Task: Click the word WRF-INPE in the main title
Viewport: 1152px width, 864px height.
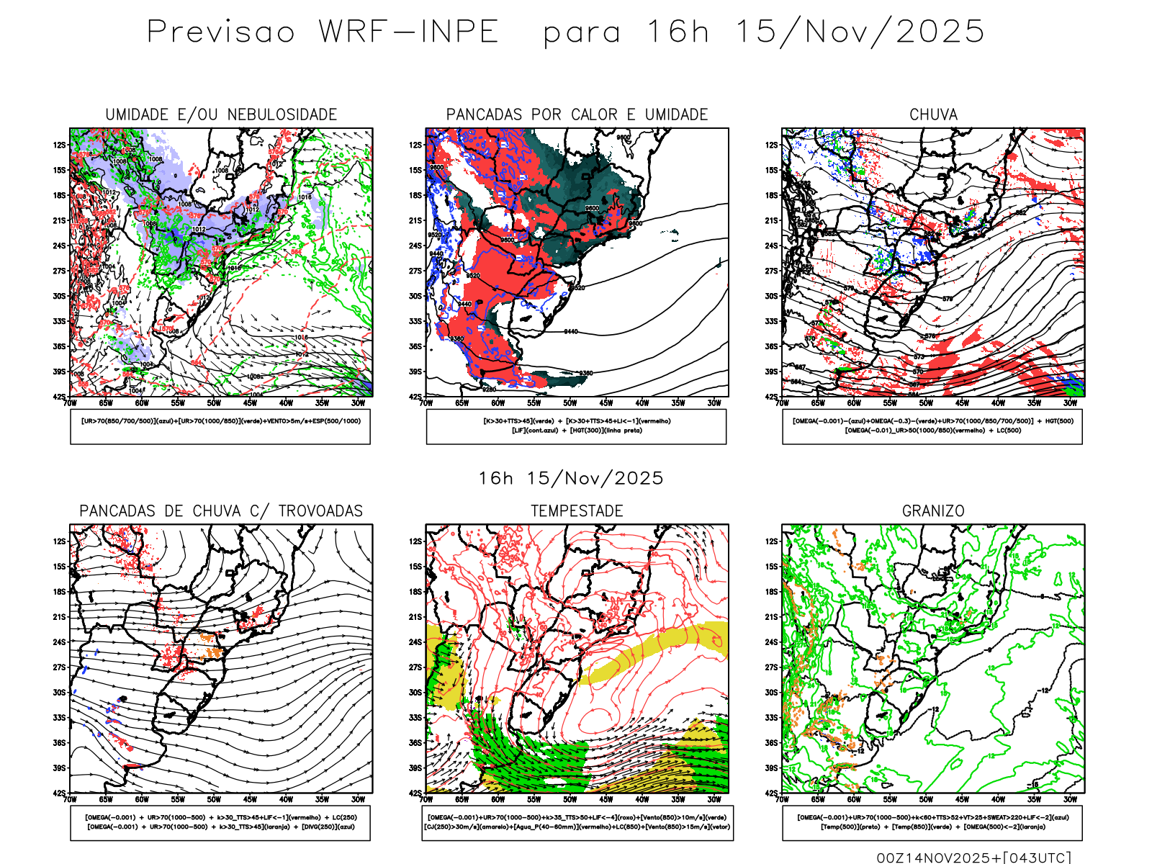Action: pyautogui.click(x=409, y=32)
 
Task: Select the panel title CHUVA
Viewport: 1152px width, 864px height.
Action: pyautogui.click(x=933, y=114)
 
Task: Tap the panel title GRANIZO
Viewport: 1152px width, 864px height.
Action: pyautogui.click(x=933, y=511)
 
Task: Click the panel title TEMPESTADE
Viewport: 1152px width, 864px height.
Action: pyautogui.click(x=577, y=511)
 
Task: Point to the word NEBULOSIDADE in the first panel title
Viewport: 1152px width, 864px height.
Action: pyautogui.click(x=282, y=114)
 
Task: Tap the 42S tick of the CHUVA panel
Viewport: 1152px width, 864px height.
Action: pyautogui.click(x=771, y=397)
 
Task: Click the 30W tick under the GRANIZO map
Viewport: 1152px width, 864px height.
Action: pyautogui.click(x=1071, y=799)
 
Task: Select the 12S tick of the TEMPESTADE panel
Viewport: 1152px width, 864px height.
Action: pyautogui.click(x=415, y=541)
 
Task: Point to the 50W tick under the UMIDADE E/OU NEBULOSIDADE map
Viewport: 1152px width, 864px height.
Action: pyautogui.click(x=214, y=403)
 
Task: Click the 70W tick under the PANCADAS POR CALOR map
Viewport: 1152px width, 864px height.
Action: pyautogui.click(x=426, y=403)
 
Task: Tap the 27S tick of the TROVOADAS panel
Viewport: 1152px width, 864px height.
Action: pyautogui.click(x=59, y=667)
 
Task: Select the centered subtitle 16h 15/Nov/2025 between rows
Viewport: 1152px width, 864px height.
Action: pyautogui.click(x=571, y=478)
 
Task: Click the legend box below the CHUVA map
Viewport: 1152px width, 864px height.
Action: pyautogui.click(x=932, y=426)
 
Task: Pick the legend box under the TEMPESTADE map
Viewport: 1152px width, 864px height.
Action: pyautogui.click(x=577, y=822)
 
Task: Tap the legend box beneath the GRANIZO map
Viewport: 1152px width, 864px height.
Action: pyautogui.click(x=932, y=822)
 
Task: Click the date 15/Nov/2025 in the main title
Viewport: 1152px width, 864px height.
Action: pyautogui.click(x=860, y=32)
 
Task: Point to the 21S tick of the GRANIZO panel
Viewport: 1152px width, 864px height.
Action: pyautogui.click(x=771, y=617)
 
